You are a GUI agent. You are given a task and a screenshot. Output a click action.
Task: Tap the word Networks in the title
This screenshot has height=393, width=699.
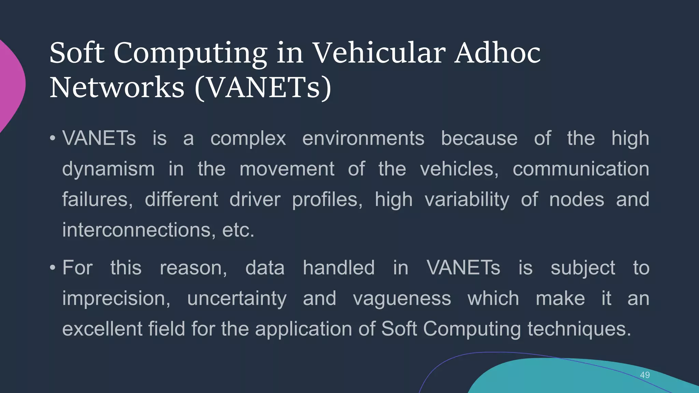(x=117, y=88)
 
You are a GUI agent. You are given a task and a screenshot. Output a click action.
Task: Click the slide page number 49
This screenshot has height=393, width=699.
(x=645, y=375)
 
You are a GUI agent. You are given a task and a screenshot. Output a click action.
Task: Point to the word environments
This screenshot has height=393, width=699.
(x=363, y=139)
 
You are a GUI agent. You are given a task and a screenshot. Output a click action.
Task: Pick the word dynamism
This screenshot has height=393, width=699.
(x=108, y=169)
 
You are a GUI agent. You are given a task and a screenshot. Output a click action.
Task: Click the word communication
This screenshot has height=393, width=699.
(x=581, y=169)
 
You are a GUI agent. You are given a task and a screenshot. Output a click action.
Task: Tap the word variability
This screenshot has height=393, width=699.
(x=467, y=200)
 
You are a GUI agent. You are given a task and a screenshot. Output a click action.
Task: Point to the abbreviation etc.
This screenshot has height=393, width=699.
(x=238, y=230)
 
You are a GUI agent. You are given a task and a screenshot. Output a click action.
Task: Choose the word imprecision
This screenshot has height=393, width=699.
(x=116, y=299)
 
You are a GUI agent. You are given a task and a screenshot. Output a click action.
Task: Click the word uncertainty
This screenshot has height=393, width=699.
(x=237, y=299)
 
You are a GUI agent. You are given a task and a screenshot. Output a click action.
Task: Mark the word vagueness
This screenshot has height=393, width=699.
(x=402, y=299)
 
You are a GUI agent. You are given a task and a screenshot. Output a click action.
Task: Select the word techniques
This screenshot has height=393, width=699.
(x=579, y=329)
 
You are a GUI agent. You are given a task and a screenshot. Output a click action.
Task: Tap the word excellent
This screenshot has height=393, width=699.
(x=102, y=329)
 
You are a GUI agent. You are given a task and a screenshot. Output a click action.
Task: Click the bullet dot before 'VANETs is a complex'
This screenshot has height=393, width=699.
(x=52, y=139)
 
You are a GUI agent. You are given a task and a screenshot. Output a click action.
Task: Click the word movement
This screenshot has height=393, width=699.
(x=287, y=169)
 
